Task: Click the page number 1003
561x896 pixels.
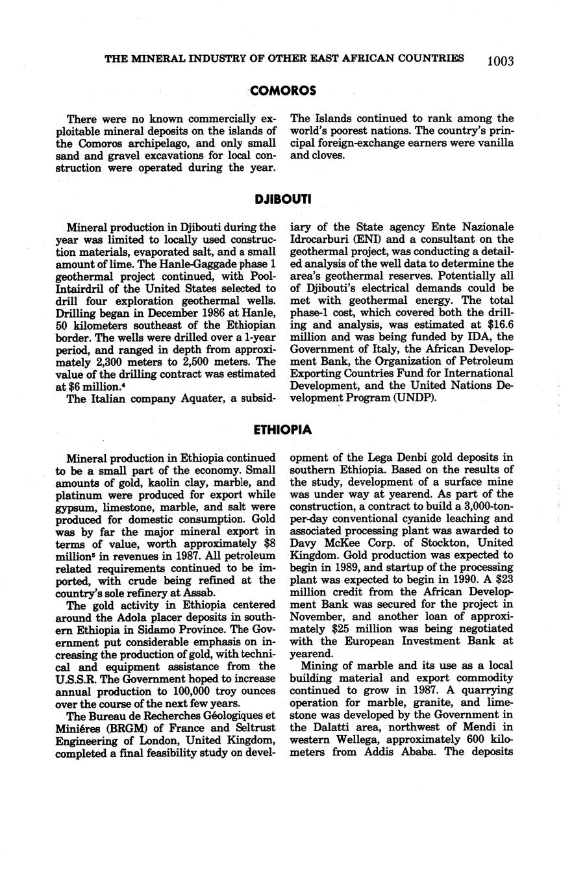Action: pos(500,61)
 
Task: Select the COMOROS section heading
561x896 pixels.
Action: pos(283,91)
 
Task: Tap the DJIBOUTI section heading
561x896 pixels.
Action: pos(283,199)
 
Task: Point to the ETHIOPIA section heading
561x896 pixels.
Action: pos(283,430)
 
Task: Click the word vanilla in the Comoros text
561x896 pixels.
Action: pos(495,143)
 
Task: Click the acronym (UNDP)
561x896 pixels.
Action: pos(414,397)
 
